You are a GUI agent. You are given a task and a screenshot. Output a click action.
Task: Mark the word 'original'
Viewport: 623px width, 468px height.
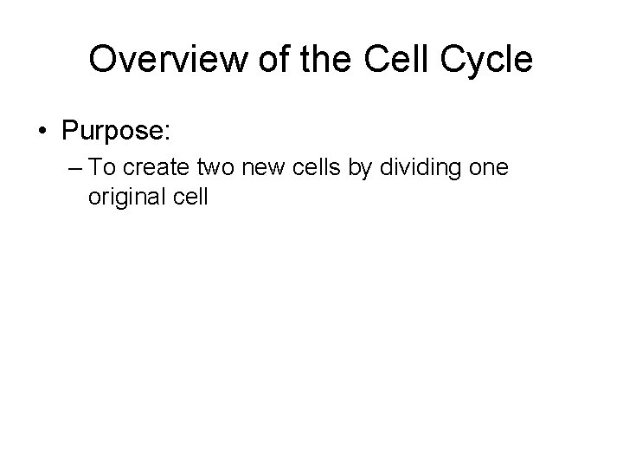tap(120, 197)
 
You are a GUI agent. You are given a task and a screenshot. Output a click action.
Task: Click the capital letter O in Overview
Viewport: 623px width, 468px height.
tap(102, 60)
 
